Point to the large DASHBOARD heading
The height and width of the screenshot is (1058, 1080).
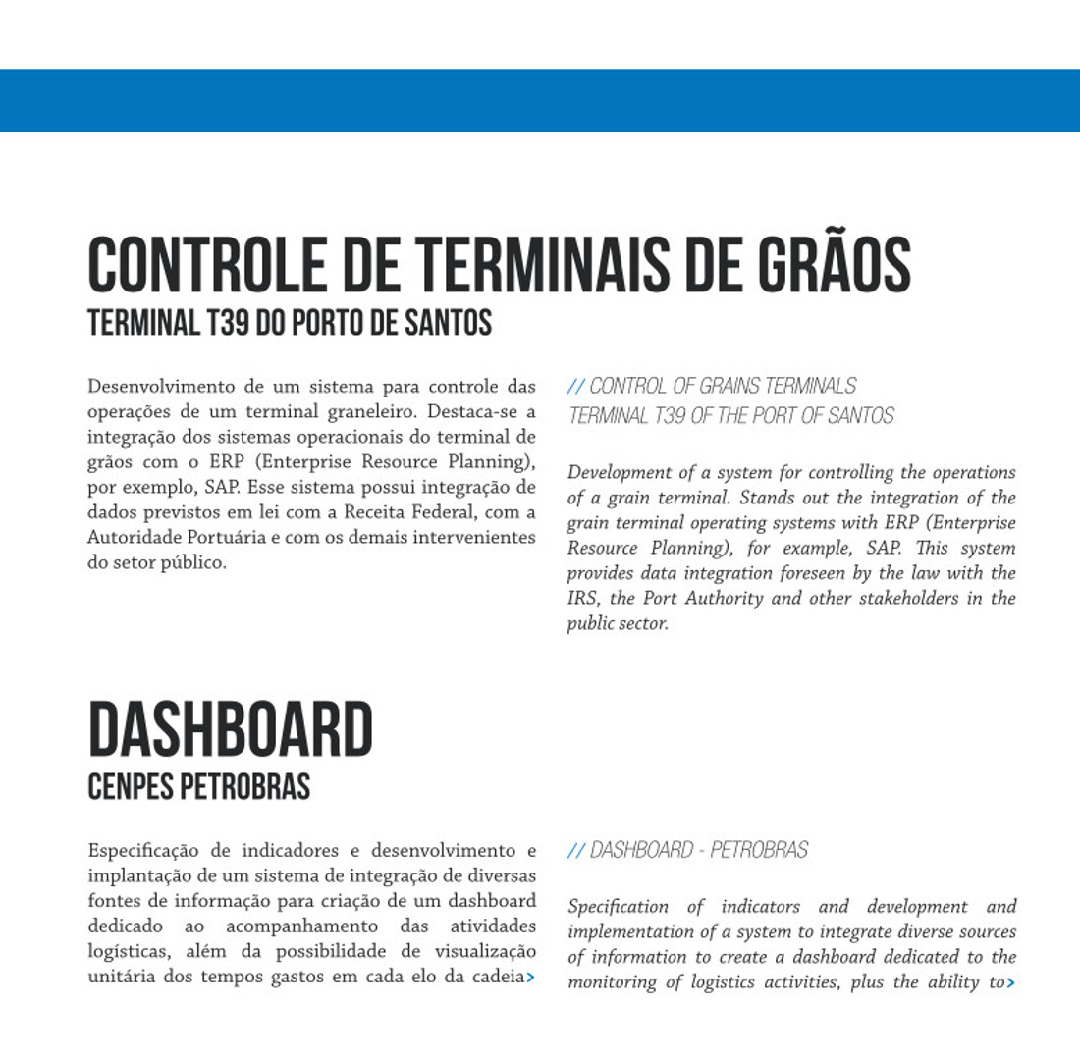[231, 731]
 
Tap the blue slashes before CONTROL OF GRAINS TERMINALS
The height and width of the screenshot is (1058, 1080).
[576, 386]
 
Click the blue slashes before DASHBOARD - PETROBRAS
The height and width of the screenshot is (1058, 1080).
[576, 850]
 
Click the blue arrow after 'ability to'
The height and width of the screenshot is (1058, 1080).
[1010, 982]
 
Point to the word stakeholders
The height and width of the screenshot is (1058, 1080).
[916, 599]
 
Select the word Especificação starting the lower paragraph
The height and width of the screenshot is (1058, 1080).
[144, 850]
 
